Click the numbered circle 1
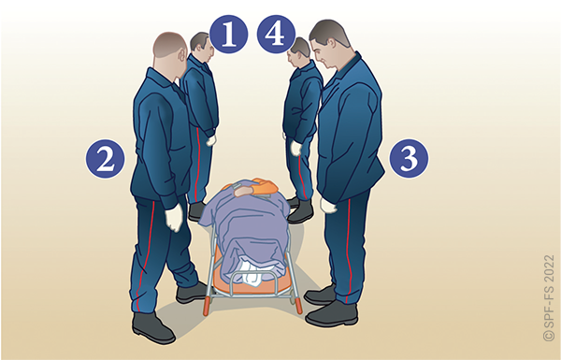click(x=229, y=34)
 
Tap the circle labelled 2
click(x=105, y=159)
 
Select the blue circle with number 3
click(x=409, y=159)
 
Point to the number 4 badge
click(x=276, y=34)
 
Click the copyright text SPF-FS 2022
click(x=549, y=297)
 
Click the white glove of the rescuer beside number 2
click(x=174, y=217)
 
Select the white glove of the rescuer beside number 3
click(x=328, y=206)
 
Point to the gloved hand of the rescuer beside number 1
click(x=211, y=140)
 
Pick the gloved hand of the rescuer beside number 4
click(x=295, y=148)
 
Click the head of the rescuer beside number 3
click(x=328, y=44)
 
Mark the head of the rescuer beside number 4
click(x=298, y=51)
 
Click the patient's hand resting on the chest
click(x=244, y=191)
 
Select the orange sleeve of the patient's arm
click(x=265, y=187)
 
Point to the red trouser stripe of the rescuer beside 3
click(x=349, y=251)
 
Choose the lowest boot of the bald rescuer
click(x=153, y=328)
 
